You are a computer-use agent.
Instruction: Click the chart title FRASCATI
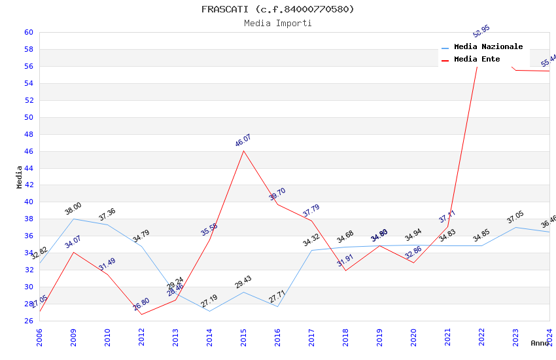pos(277,9)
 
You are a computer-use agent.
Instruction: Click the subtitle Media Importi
pos(277,23)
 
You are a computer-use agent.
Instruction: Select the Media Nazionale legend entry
pos(488,47)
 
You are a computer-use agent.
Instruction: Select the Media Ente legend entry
pos(477,60)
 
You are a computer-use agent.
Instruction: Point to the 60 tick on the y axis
pos(28,32)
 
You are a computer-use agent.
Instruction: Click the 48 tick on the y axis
pos(28,134)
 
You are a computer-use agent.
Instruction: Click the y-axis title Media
pos(20,177)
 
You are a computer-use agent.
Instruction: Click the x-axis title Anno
pos(540,343)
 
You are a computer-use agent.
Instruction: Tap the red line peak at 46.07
pos(243,151)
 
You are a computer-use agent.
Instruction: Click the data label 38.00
pos(73,209)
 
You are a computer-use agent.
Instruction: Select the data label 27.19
pos(209,301)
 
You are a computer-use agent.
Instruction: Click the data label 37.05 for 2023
pos(515,217)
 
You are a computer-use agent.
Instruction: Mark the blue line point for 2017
pos(311,250)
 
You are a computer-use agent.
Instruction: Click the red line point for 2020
pos(413,262)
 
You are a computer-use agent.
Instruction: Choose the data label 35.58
pos(209,229)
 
